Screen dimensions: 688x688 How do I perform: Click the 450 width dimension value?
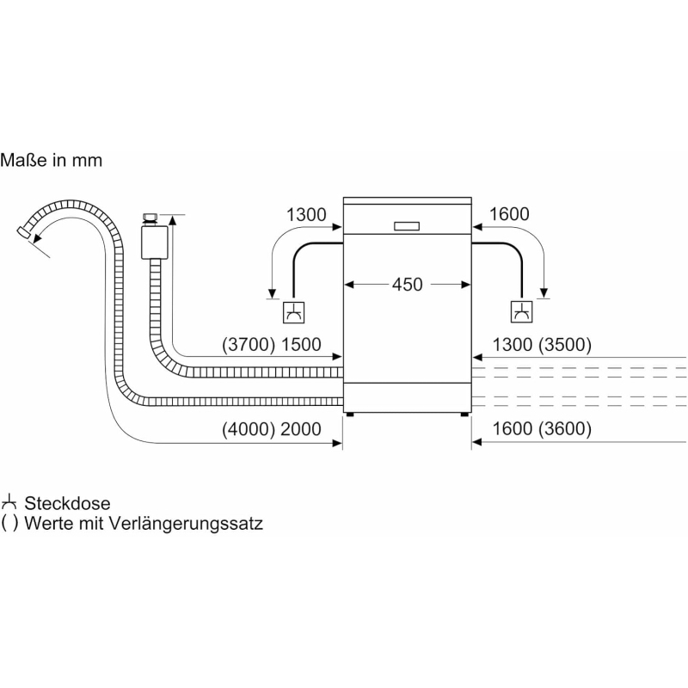407,284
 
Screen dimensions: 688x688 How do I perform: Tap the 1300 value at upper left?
306,214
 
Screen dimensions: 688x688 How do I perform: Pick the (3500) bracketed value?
563,346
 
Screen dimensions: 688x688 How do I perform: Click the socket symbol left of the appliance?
294,312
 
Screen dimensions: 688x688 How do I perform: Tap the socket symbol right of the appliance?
521,312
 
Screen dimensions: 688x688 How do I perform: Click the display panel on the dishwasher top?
407,227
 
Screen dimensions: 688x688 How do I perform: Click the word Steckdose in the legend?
68,503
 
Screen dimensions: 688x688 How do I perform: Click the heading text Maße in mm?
51,160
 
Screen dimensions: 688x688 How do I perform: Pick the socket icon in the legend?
10,502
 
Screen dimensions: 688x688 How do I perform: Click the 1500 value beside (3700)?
300,346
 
